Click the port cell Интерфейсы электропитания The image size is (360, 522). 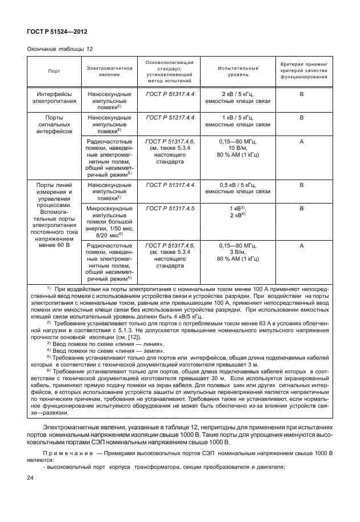54,97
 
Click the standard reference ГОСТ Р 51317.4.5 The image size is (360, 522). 170,209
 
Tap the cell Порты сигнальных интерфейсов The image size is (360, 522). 54,123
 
